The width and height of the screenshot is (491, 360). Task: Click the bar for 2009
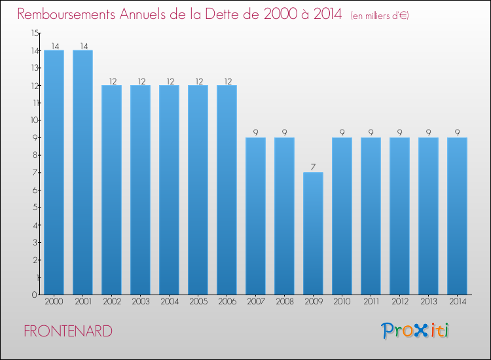[313, 233]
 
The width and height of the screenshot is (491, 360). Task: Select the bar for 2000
[54, 172]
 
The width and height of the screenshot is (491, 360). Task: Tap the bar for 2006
[227, 190]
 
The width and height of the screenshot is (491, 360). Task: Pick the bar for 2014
[457, 216]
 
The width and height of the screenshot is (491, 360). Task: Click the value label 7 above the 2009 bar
[313, 167]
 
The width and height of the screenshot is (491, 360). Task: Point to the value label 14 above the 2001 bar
[84, 46]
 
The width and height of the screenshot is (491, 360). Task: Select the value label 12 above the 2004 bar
[170, 81]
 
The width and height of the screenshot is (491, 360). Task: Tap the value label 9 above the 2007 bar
[255, 132]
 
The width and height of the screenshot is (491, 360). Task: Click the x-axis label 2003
[141, 302]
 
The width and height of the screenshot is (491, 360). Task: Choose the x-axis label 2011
[371, 302]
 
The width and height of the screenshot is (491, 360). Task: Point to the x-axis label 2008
[285, 302]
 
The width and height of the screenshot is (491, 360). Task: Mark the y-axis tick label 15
[35, 33]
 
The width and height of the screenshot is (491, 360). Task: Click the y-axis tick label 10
[35, 120]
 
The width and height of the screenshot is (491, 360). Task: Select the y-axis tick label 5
[35, 207]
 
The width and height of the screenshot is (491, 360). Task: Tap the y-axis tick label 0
[35, 295]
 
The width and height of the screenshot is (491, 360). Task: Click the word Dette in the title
[224, 14]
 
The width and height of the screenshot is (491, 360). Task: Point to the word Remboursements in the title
[66, 14]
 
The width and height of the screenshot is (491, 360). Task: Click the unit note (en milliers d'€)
[380, 16]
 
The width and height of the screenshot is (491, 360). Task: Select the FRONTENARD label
[68, 331]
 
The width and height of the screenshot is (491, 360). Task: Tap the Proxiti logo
[415, 331]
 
